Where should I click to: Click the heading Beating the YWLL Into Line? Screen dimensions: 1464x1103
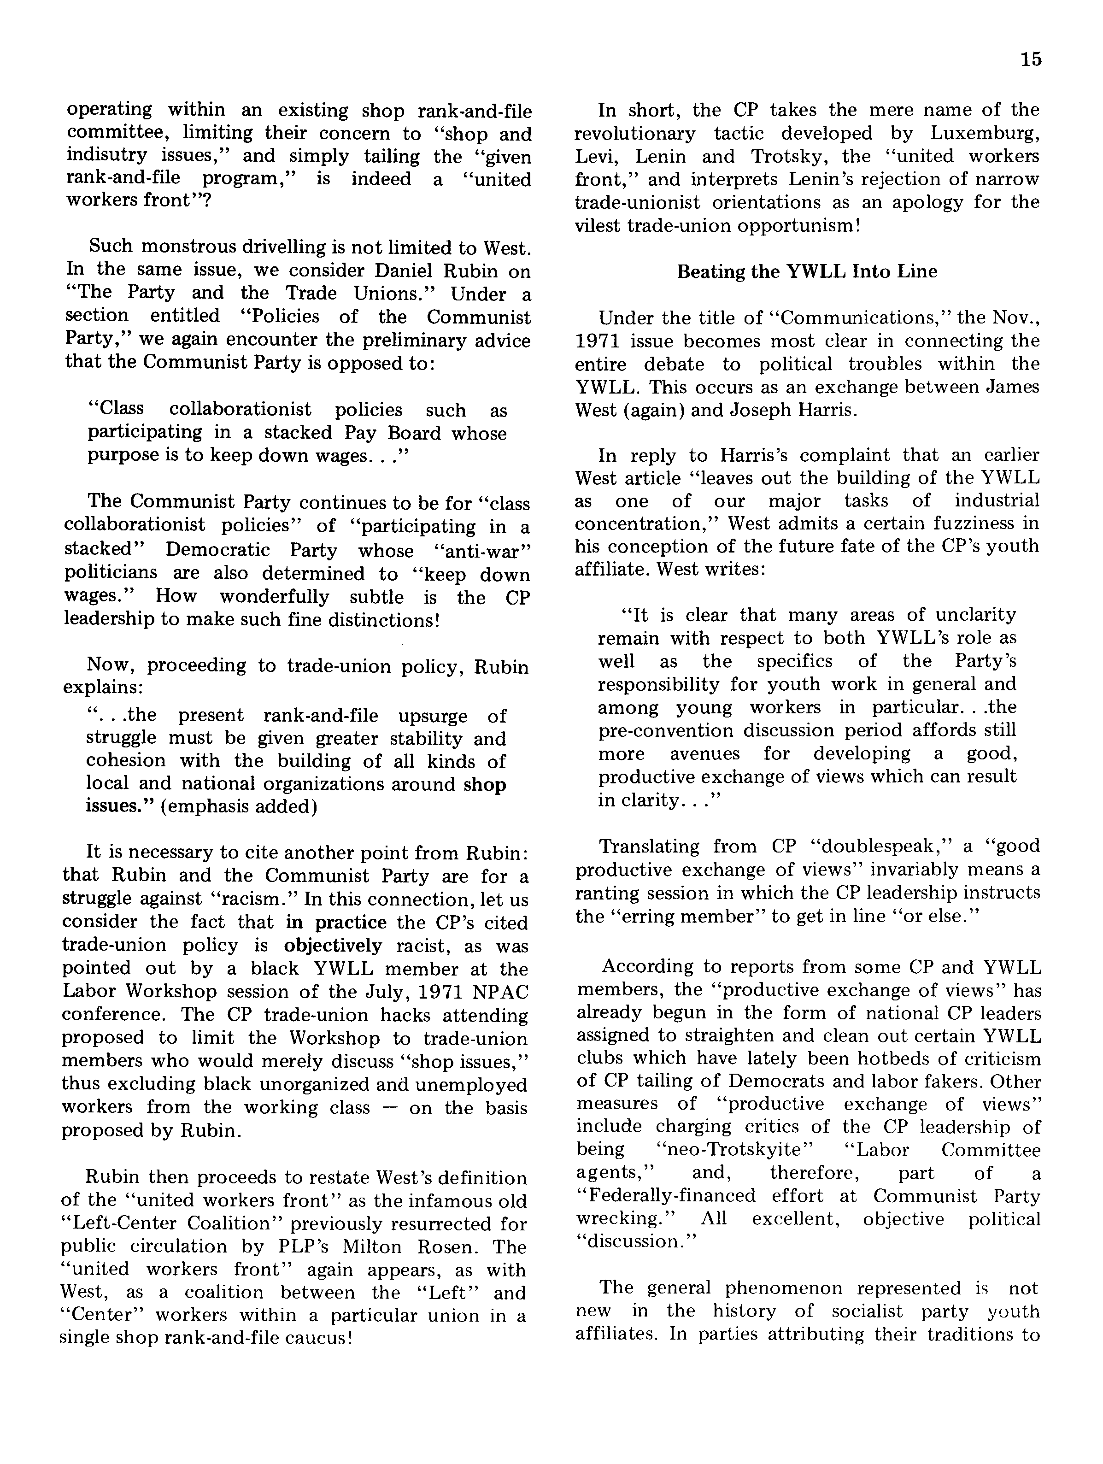pyautogui.click(x=807, y=272)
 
